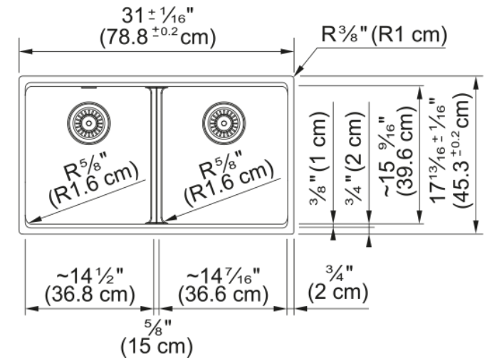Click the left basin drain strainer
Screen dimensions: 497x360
tap(89, 123)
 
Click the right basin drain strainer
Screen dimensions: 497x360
tap(224, 123)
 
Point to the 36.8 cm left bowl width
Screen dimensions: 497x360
tap(90, 295)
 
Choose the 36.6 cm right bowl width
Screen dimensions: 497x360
tap(223, 295)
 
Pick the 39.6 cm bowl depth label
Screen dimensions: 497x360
tap(405, 151)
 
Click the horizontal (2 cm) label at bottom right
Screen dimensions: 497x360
tap(338, 291)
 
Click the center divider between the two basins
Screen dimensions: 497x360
tap(157, 155)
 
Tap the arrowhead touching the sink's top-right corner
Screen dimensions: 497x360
tap(298, 70)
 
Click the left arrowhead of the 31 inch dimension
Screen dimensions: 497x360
tap(26, 51)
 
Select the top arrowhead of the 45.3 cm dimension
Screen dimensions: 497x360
tap(476, 83)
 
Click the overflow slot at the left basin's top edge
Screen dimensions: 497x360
tap(89, 88)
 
